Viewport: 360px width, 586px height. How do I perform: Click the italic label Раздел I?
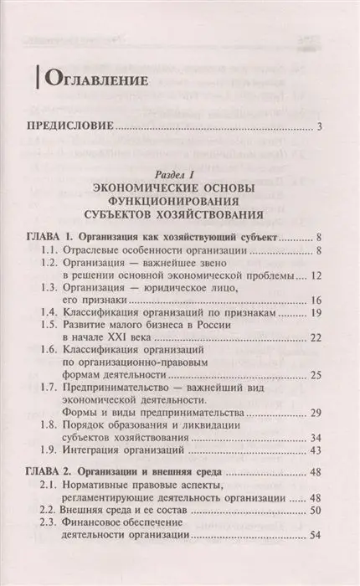click(x=179, y=172)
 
